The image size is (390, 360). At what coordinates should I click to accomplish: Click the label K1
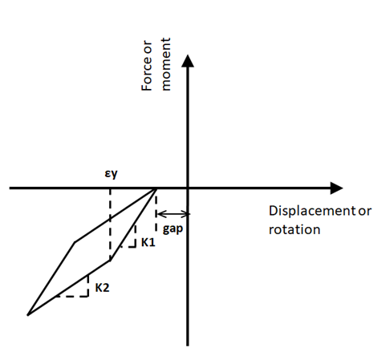click(x=148, y=242)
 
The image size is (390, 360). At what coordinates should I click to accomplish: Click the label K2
click(x=102, y=288)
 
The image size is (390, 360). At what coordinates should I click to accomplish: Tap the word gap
click(x=173, y=229)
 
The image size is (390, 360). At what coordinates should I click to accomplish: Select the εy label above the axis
click(x=111, y=174)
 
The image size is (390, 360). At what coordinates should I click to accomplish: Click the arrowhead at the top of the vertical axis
click(x=188, y=61)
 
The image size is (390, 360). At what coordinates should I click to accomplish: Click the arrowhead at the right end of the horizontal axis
click(x=336, y=188)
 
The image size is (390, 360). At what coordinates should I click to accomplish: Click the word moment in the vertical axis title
click(x=166, y=64)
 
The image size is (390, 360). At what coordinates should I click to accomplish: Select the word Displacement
click(x=312, y=211)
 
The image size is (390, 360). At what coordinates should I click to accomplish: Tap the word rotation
click(x=295, y=229)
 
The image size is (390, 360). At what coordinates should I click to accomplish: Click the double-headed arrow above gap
click(x=173, y=214)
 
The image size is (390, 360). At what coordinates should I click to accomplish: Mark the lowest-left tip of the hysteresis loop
click(x=28, y=315)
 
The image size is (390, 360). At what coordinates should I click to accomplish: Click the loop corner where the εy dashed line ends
click(x=110, y=261)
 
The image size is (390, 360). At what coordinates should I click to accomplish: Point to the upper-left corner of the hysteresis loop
click(x=75, y=242)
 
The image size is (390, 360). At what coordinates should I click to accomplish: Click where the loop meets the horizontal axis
click(x=156, y=188)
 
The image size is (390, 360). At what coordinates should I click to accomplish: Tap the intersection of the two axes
click(x=188, y=188)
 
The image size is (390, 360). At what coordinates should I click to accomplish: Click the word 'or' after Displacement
click(x=365, y=211)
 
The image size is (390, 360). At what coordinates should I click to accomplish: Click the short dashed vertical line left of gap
click(x=156, y=213)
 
